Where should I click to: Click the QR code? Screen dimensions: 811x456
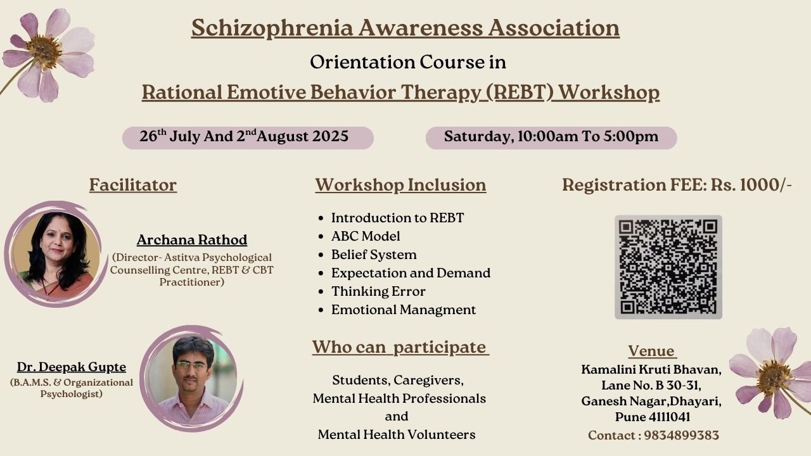[668, 267]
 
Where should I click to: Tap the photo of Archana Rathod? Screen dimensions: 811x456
[56, 255]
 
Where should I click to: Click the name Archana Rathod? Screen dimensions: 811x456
[192, 239]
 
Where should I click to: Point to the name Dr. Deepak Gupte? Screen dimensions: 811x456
[72, 367]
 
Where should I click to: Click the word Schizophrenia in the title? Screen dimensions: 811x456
[272, 28]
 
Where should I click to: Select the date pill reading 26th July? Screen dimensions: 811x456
[248, 138]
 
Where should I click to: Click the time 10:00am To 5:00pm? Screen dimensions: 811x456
[588, 136]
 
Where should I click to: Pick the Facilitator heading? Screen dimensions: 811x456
[133, 185]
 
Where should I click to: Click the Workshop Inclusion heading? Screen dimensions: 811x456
[400, 185]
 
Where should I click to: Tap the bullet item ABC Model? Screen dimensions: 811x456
[366, 236]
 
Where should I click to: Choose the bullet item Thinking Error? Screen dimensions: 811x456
[378, 291]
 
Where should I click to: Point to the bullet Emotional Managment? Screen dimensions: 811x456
[404, 310]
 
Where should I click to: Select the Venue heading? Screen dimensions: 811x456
[651, 351]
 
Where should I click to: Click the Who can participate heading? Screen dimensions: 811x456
[400, 347]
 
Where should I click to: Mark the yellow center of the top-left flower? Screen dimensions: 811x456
[44, 51]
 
